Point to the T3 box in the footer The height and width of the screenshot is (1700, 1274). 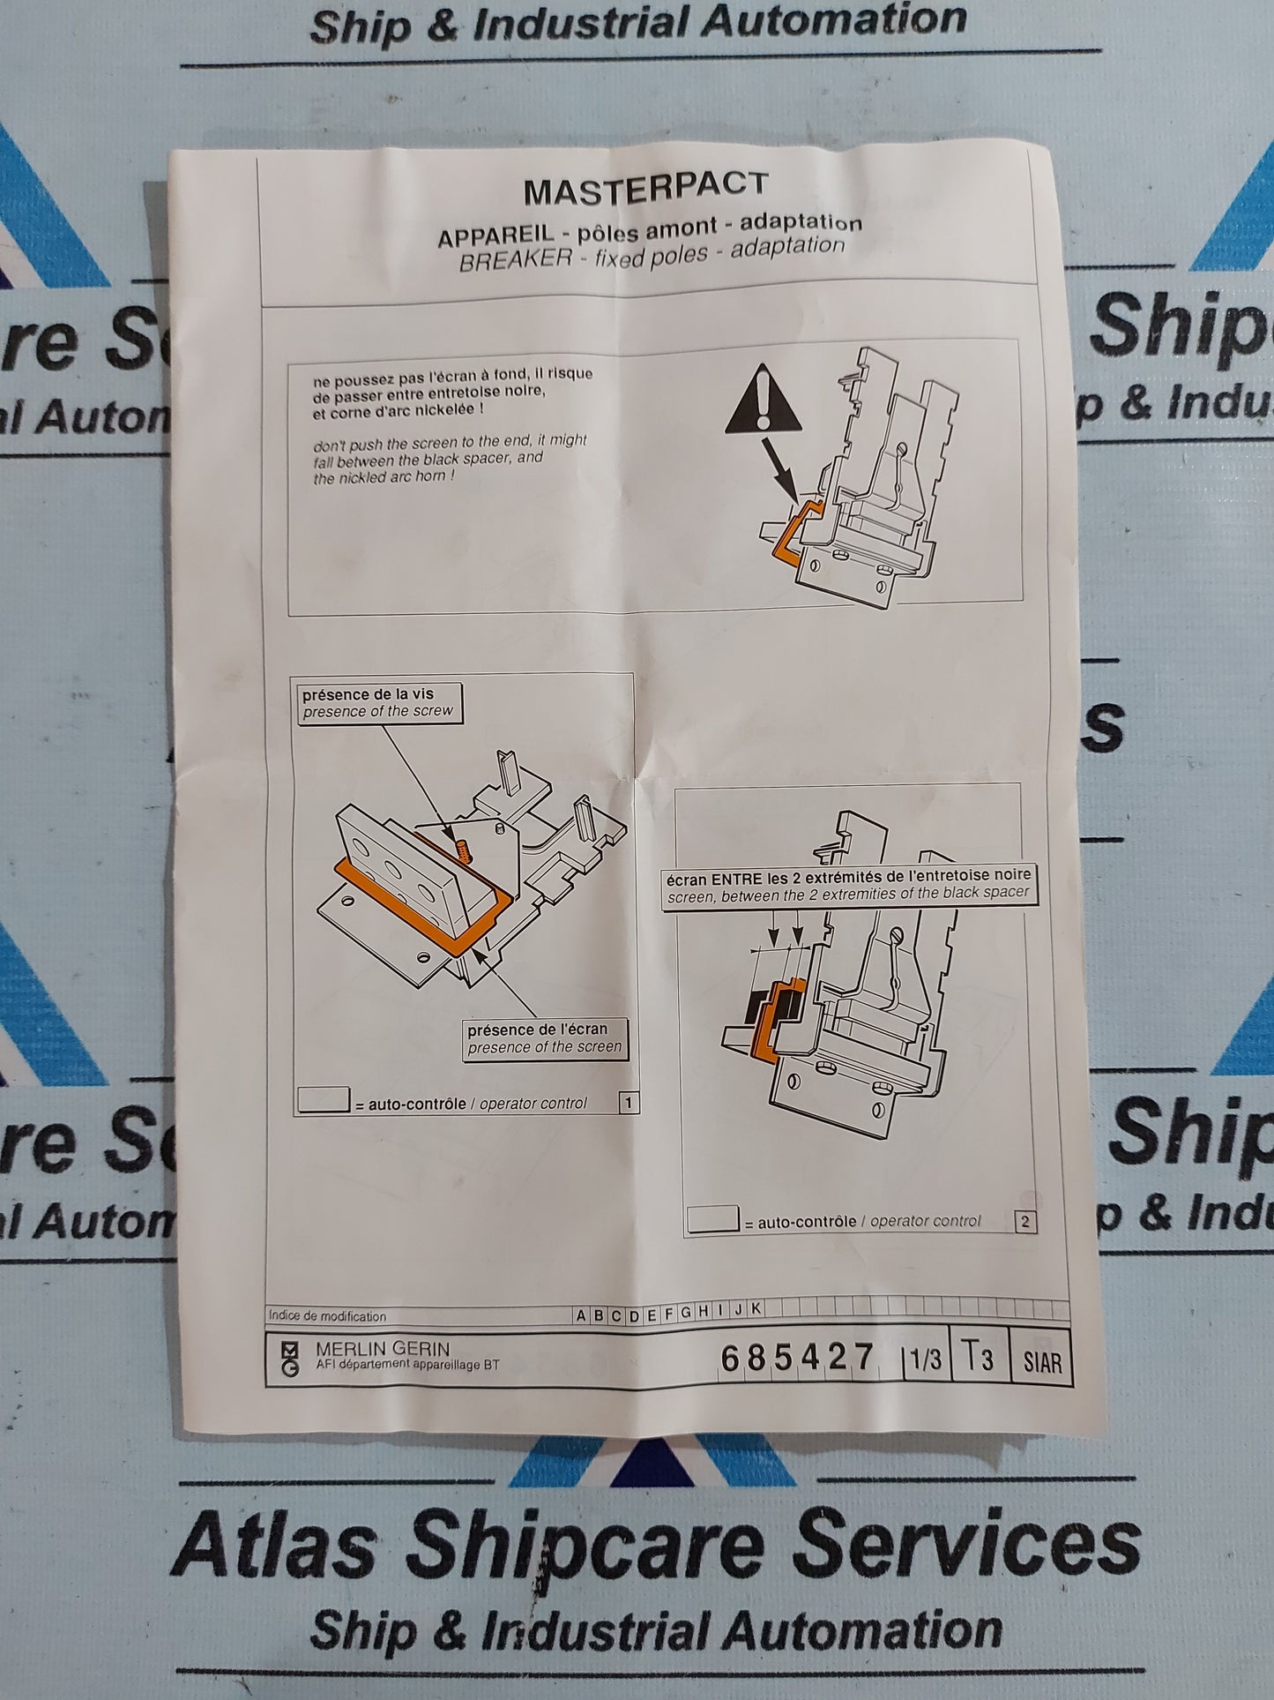point(976,1358)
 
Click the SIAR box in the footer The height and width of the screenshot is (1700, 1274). point(1042,1363)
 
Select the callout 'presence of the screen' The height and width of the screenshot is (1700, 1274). point(544,1038)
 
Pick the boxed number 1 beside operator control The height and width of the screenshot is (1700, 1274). point(628,1102)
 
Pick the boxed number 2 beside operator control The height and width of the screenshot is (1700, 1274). point(1024,1222)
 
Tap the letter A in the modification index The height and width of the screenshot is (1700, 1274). point(581,1315)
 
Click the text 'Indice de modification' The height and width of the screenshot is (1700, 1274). point(327,1316)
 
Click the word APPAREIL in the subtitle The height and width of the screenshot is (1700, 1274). point(496,236)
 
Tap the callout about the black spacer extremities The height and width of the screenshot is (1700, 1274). point(846,884)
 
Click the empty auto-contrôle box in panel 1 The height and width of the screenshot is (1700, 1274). point(324,1101)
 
